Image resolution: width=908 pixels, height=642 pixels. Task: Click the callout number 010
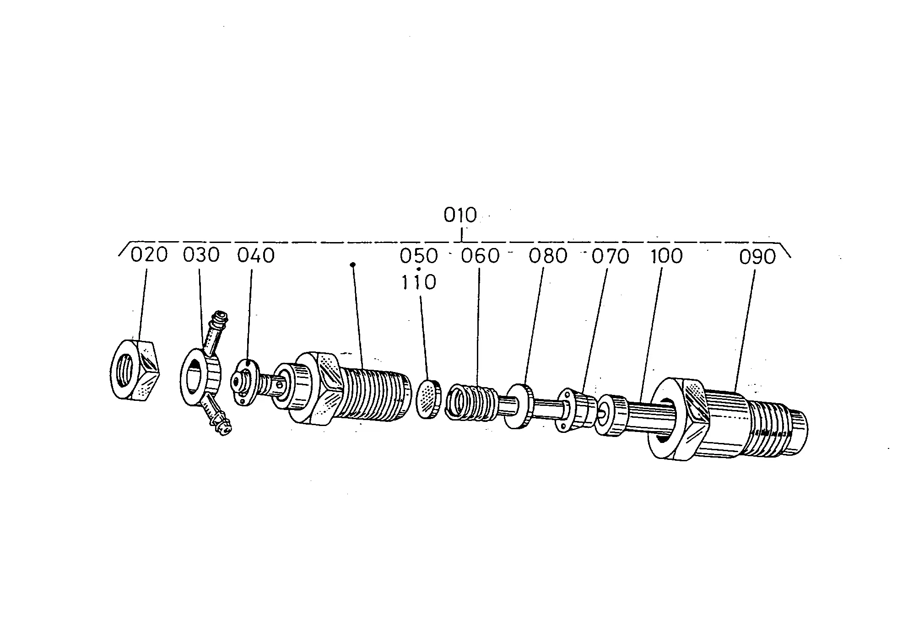[460, 215]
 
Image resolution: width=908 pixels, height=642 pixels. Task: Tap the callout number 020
[149, 255]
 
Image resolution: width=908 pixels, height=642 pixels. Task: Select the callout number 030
[201, 255]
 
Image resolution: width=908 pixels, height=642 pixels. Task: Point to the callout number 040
[256, 255]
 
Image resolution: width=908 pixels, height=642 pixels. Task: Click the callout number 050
[419, 256]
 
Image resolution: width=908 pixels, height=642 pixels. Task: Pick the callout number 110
[419, 282]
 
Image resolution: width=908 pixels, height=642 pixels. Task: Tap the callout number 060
[480, 256]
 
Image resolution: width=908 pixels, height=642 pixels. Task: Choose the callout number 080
[548, 256]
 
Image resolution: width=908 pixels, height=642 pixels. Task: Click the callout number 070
[611, 256]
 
